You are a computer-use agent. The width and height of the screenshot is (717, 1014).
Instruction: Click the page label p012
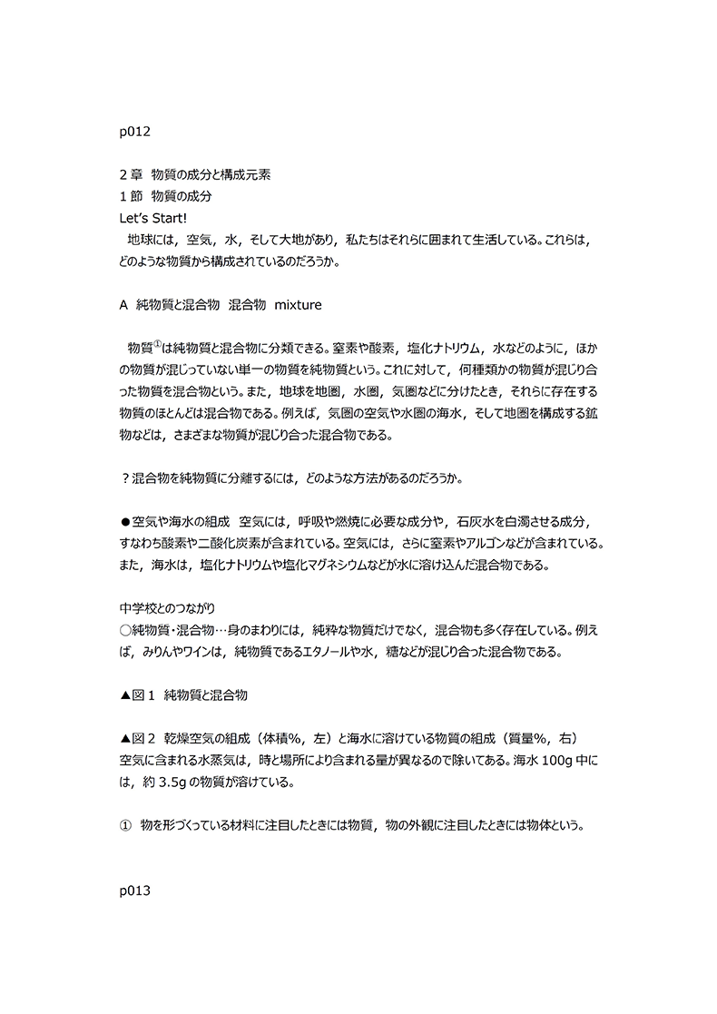134,132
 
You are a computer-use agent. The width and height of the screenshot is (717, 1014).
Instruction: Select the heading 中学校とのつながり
167,608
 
